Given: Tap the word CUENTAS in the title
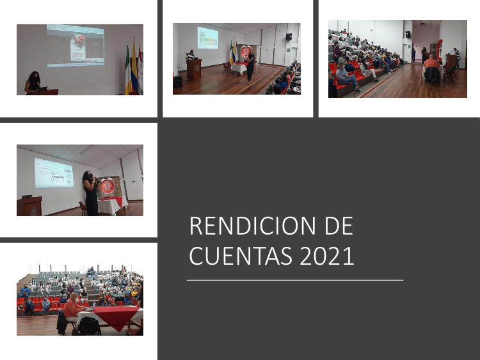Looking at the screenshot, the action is point(241,256).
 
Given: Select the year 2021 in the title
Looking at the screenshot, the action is point(326,256).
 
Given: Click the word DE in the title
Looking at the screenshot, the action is point(339,226).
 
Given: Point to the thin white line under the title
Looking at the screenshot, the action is point(295,280).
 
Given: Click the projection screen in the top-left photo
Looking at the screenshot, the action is point(76,46).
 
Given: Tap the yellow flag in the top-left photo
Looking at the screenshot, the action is point(134,67).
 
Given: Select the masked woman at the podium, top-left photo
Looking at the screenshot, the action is point(33,83).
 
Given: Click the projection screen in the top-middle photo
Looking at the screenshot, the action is point(207,38).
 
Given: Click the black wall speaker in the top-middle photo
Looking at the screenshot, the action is point(289,37).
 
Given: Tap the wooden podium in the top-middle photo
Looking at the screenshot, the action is point(194,68).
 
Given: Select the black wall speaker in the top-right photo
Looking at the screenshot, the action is point(408,34).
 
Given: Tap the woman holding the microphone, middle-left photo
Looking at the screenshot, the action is point(90,193).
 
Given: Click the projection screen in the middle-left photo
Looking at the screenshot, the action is point(54,173).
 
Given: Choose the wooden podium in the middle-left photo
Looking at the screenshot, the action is point(29,206).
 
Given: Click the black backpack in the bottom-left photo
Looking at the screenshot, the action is point(89,326).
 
